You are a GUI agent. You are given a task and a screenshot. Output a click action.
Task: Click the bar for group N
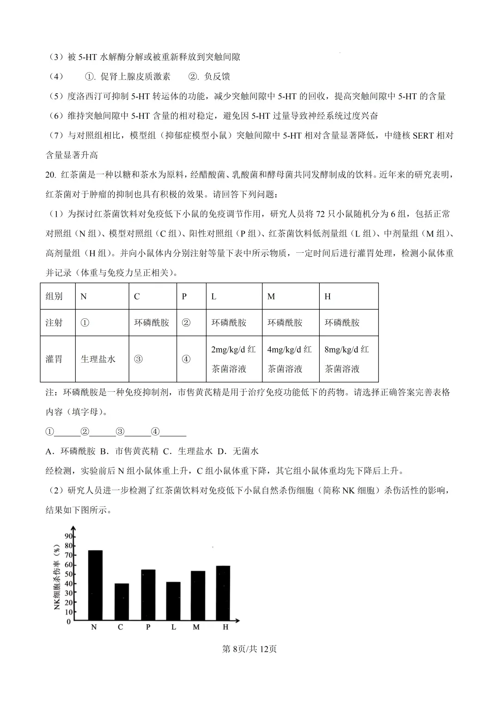[x=95, y=585]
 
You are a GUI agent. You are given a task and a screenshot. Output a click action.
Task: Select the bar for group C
[x=122, y=602]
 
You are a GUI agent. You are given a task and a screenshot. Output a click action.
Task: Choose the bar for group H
[x=223, y=593]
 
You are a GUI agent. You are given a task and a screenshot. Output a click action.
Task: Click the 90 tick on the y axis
[x=68, y=536]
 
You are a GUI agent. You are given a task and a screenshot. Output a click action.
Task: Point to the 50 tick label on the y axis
[x=68, y=574]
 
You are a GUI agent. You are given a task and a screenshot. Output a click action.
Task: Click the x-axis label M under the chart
[x=196, y=627]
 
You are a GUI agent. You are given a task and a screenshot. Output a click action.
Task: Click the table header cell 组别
[x=54, y=297]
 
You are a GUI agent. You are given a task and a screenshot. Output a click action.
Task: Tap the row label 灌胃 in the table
[x=54, y=359]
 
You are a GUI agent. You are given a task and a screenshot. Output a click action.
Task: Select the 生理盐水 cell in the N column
[x=98, y=359]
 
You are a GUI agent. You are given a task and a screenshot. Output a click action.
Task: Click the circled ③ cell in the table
[x=138, y=359]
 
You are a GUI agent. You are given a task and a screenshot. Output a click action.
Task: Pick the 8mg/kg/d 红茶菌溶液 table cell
[x=347, y=359]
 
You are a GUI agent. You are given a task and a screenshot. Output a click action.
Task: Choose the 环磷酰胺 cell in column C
[x=152, y=323]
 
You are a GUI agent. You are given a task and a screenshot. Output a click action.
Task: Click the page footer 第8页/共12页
[x=249, y=649]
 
